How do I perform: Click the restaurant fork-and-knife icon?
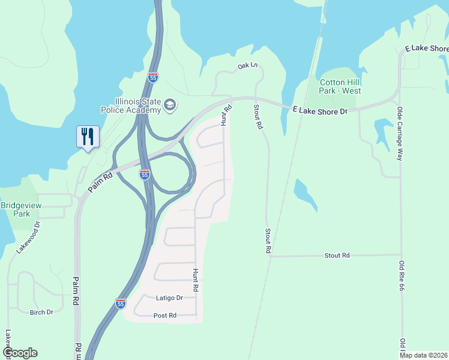pyautogui.click(x=88, y=137)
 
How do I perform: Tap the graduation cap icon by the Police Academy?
pyautogui.click(x=170, y=106)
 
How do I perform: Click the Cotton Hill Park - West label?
pyautogui.click(x=340, y=86)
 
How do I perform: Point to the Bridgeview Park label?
pyautogui.click(x=23, y=209)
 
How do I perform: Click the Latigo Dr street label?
pyautogui.click(x=169, y=298)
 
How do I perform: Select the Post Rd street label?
pyautogui.click(x=164, y=315)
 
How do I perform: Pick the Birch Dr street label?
pyautogui.click(x=41, y=312)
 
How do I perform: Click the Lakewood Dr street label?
pyautogui.click(x=28, y=237)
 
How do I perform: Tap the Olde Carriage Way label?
pyautogui.click(x=400, y=133)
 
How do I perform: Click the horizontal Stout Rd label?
pyautogui.click(x=337, y=256)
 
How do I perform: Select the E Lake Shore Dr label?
pyautogui.click(x=320, y=111)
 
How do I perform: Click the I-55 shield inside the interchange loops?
pyautogui.click(x=144, y=175)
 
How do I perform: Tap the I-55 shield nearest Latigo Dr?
pyautogui.click(x=121, y=304)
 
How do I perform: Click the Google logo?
pyautogui.click(x=20, y=353)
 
